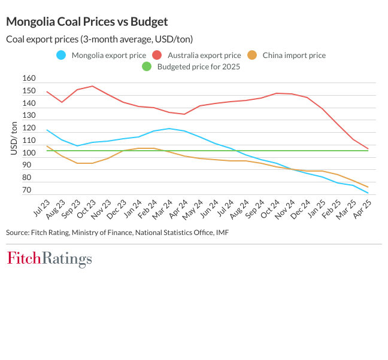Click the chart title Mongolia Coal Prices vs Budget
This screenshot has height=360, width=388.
pos(87,22)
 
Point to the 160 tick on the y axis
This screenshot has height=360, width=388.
pos(29,79)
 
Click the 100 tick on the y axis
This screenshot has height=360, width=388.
pos(29,153)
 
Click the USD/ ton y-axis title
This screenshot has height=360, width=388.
pos(14,138)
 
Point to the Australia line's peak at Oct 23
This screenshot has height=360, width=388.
pos(92,86)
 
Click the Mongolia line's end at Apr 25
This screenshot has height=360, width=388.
pos(368,193)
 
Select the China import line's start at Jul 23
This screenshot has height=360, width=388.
pos(47,146)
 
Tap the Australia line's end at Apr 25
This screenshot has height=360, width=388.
pos(368,148)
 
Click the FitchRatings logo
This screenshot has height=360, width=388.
pos(49,259)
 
